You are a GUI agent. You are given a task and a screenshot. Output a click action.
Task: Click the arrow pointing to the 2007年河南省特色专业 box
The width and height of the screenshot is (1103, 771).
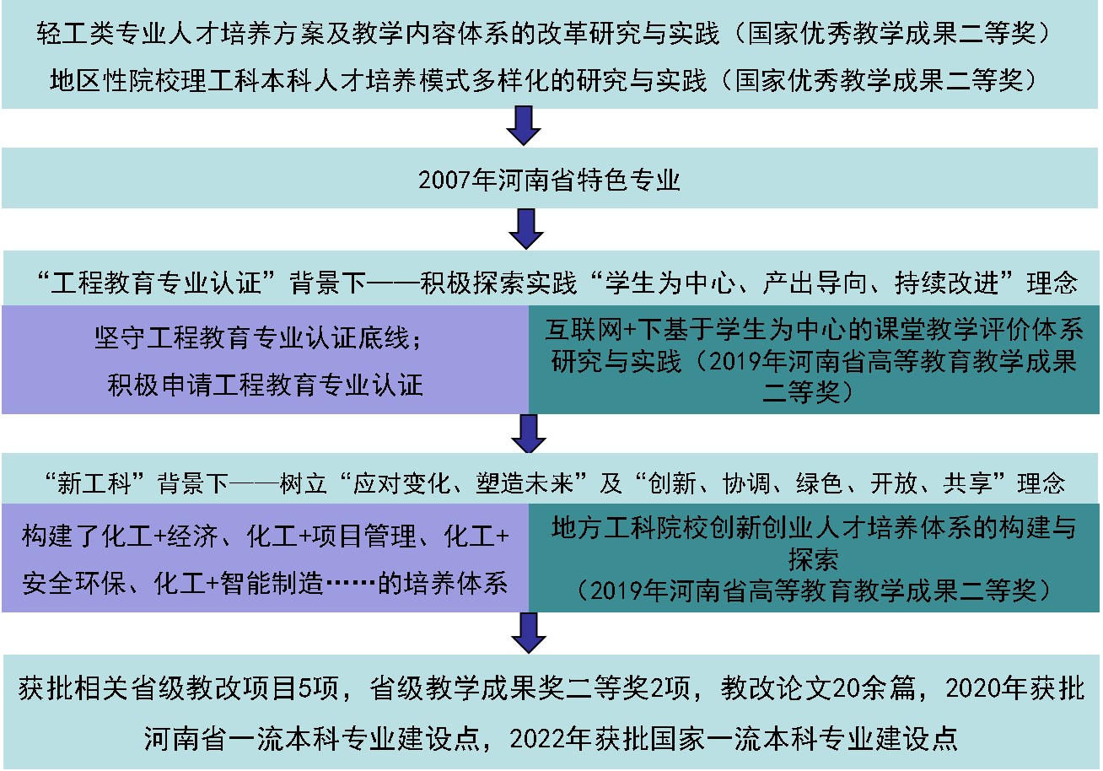point(524,126)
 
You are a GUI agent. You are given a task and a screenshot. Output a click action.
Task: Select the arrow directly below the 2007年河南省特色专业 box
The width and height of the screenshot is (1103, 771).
point(526,229)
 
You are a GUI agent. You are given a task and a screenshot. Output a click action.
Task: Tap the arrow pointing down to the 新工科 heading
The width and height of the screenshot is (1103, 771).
point(529,434)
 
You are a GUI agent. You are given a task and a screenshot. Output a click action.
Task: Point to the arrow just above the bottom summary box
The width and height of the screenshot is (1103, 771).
point(529,633)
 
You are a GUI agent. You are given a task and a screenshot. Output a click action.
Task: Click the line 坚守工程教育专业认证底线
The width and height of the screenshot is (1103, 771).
point(251,338)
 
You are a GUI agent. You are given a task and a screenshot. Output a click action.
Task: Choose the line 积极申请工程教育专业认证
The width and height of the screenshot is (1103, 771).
point(265,385)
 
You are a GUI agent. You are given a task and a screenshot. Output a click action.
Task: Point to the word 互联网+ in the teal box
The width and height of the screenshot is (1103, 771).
point(591,330)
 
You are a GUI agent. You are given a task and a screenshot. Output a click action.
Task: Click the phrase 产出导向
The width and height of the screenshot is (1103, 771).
point(815,283)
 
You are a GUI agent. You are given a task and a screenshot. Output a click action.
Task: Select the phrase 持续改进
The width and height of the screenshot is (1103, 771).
point(946,283)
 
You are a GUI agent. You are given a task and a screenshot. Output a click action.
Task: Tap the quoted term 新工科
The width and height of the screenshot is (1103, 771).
point(94,483)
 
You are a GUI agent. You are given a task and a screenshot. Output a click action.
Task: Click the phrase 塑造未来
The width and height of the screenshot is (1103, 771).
point(525,483)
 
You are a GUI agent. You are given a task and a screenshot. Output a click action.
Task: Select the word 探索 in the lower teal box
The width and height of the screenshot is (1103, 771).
point(814,559)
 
